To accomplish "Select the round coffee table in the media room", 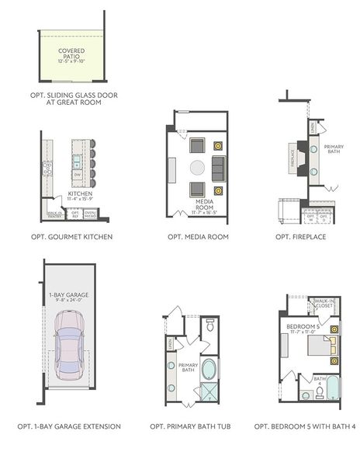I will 198,167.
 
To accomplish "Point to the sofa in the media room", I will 218,167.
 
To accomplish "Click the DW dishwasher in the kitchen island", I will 78,176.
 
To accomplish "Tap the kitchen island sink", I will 78,162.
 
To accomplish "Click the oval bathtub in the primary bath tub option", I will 209,368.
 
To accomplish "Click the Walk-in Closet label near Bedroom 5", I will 324,304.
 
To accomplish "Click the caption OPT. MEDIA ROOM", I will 198,236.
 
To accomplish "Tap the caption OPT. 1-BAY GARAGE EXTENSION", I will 69,426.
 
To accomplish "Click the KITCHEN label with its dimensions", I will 80,196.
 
